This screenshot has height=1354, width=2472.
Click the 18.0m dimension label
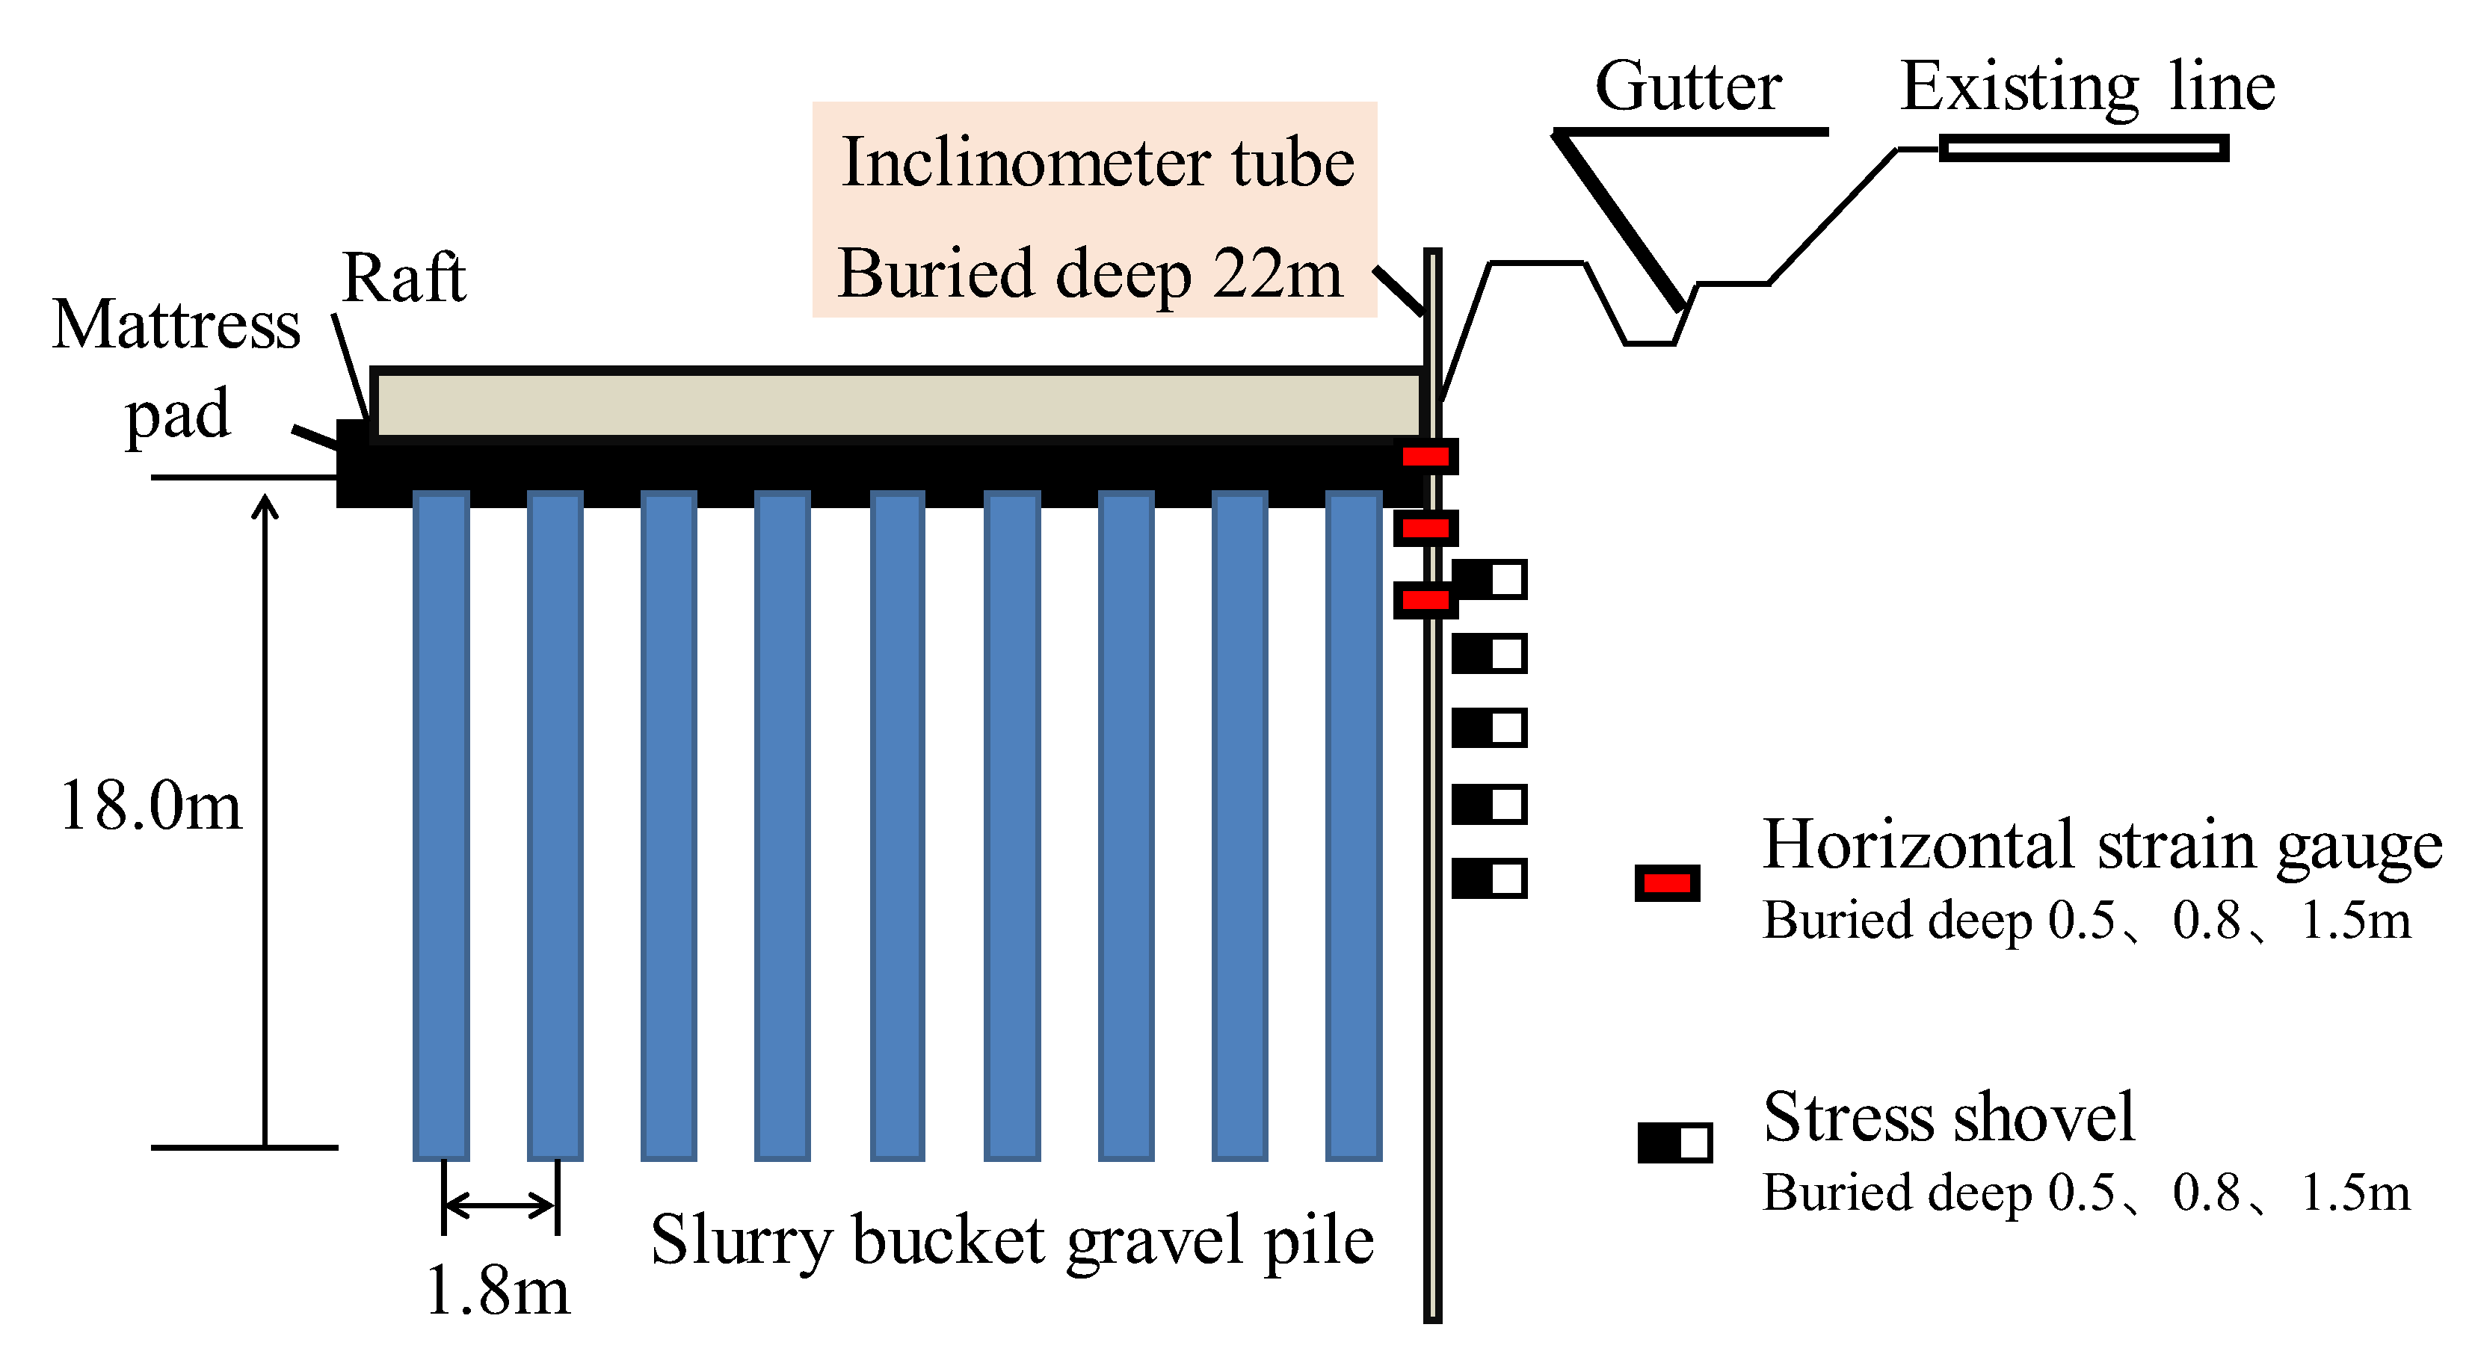(151, 806)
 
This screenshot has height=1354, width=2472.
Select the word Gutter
(1688, 87)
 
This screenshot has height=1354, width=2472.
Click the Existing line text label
(2087, 87)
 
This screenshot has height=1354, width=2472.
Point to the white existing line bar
(2083, 148)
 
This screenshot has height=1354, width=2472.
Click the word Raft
(403, 278)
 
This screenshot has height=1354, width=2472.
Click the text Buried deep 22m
(1089, 273)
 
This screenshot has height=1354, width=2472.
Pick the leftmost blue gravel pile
(440, 825)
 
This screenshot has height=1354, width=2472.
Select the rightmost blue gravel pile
(1353, 825)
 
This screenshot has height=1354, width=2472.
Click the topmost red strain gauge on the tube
(1425, 457)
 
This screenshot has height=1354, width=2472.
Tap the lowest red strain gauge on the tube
(1425, 601)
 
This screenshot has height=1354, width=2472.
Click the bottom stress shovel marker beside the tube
(1488, 879)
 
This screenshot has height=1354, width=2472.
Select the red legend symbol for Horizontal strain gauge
(1667, 882)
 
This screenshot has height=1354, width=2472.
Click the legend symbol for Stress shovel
(1674, 1143)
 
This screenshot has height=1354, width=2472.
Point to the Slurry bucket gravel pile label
(1011, 1240)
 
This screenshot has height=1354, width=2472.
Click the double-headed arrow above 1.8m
(500, 1205)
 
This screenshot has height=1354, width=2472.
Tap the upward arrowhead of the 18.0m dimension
(265, 507)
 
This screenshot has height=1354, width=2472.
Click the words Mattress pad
(176, 369)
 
